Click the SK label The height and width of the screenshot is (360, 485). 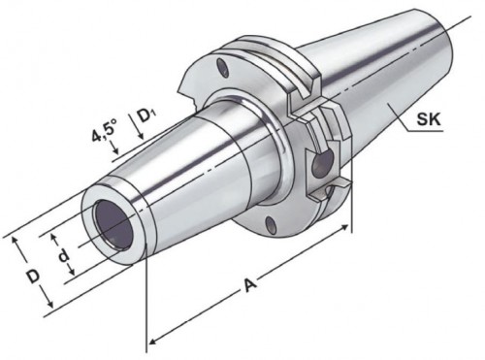pyautogui.click(x=428, y=119)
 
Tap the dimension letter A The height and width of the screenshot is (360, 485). pyautogui.click(x=249, y=285)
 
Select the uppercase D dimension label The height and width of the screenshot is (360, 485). pyautogui.click(x=33, y=277)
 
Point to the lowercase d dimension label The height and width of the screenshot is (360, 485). pyautogui.click(x=64, y=255)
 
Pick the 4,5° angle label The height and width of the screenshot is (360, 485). pyautogui.click(x=104, y=130)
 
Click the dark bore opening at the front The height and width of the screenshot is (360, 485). pyautogui.click(x=113, y=225)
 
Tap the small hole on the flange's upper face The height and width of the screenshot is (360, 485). pyautogui.click(x=222, y=68)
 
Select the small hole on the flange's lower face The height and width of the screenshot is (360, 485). pyautogui.click(x=271, y=224)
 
